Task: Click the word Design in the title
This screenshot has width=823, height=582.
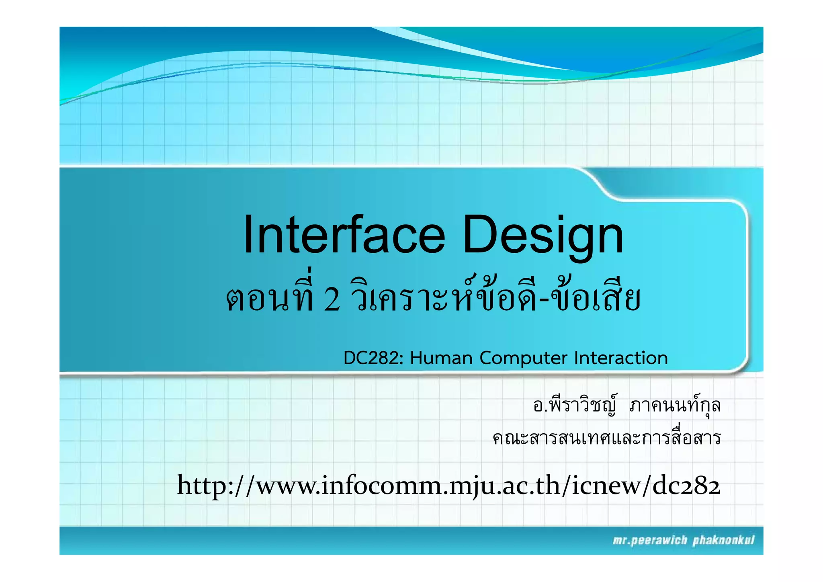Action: point(543,235)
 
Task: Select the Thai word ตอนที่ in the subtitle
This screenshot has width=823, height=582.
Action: point(270,299)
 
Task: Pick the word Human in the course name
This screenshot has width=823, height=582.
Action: point(441,358)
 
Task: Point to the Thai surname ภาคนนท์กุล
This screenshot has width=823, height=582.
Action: point(675,406)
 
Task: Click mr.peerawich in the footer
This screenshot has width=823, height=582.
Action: point(650,541)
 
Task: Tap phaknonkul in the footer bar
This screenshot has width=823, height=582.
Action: point(723,541)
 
